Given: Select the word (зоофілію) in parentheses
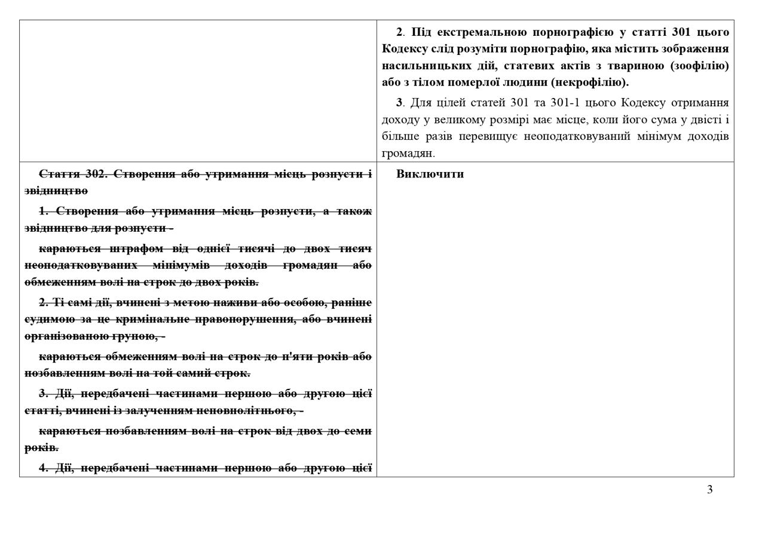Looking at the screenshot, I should (x=700, y=65).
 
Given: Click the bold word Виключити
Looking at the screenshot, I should (x=430, y=174).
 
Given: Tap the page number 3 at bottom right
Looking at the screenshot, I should (x=709, y=490).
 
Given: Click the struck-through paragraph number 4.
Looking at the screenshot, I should (x=43, y=468).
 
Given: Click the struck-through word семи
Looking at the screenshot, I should (x=360, y=431).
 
